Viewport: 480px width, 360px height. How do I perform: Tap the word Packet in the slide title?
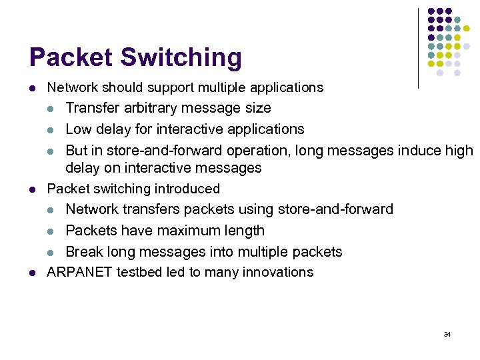pos(71,58)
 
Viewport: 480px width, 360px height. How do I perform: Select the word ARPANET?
pos(80,272)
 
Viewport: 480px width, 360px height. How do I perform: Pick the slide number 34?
pos(447,334)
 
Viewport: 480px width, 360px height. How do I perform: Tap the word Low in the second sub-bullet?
pos(79,129)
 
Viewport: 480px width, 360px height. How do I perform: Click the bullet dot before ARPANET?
pos(32,273)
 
